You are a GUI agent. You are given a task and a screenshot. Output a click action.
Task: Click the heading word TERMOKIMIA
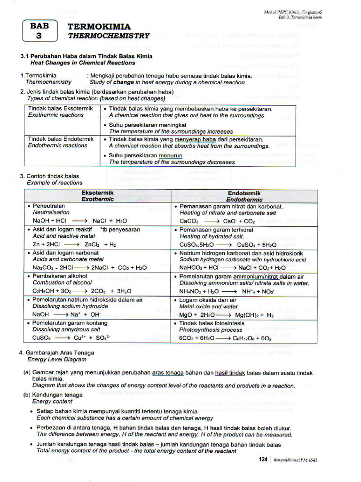[99, 27]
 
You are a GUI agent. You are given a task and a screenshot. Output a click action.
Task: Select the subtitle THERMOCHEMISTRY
[109, 35]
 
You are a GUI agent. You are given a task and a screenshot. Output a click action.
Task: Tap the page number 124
[263, 459]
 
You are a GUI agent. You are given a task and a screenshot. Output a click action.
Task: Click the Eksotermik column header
[98, 196]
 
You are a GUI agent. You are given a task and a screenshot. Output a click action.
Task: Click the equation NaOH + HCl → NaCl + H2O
[79, 220]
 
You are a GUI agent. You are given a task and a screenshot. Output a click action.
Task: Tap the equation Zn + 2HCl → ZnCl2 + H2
[74, 244]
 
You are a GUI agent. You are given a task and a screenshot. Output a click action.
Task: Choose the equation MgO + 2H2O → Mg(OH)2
[226, 314]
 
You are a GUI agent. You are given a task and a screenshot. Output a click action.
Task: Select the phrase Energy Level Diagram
[56, 359]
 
